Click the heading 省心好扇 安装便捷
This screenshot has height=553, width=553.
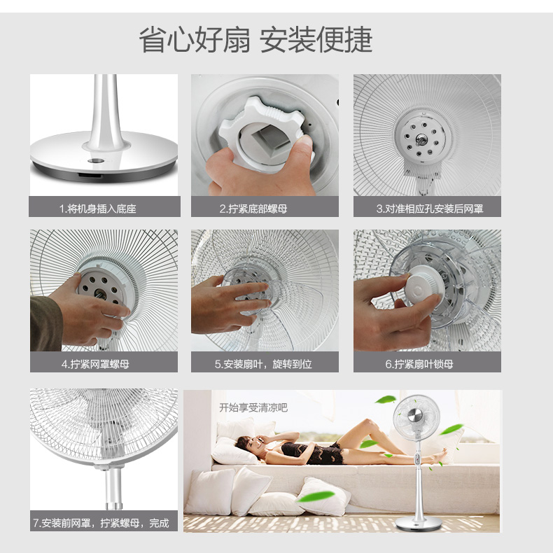(x=255, y=39)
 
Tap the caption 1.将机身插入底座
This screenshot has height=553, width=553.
(x=98, y=209)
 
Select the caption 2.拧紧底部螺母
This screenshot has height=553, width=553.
(x=253, y=209)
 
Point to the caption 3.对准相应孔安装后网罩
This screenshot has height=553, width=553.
(x=430, y=209)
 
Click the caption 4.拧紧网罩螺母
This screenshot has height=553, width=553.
(x=95, y=364)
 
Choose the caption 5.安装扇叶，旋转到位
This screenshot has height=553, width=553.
(x=263, y=364)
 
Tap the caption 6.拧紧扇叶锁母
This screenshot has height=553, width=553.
(x=419, y=364)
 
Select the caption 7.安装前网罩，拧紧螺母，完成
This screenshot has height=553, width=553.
(x=101, y=523)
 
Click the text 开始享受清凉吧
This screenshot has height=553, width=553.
(x=253, y=407)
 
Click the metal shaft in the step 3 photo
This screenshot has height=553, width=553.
(x=421, y=139)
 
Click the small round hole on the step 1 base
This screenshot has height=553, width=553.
(x=96, y=161)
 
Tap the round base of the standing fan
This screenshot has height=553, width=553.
(x=418, y=524)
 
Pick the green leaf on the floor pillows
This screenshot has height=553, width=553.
(x=315, y=496)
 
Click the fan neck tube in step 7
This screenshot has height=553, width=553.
(x=113, y=489)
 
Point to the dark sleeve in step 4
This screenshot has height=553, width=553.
(x=45, y=323)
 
